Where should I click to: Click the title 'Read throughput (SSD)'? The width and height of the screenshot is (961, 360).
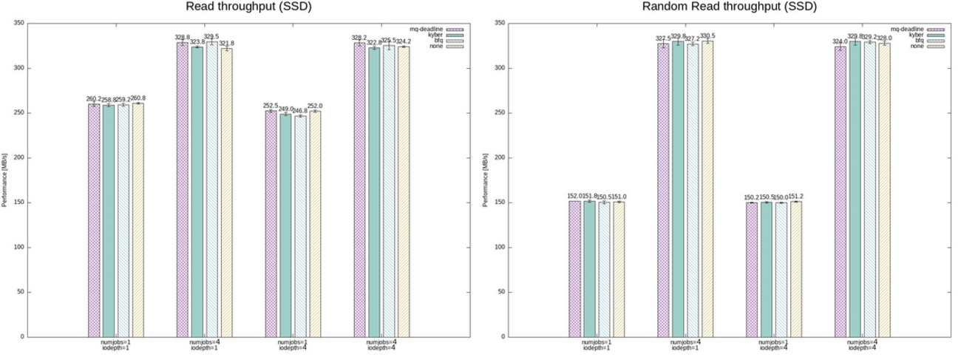[237, 7]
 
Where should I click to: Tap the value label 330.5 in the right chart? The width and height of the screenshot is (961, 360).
[707, 35]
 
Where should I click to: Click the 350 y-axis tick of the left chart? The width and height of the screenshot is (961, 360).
[20, 24]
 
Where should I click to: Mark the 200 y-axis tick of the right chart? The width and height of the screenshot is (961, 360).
[501, 158]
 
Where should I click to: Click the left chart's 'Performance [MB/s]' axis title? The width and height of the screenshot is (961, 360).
[5, 180]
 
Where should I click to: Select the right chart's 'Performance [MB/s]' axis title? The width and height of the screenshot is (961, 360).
[486, 180]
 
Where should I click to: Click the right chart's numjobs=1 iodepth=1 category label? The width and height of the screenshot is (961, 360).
[597, 345]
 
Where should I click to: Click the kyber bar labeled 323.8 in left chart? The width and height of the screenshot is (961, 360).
[197, 192]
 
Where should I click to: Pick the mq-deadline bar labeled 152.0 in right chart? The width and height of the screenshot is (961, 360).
[574, 269]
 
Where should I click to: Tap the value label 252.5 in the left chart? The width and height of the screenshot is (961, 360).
[271, 106]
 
